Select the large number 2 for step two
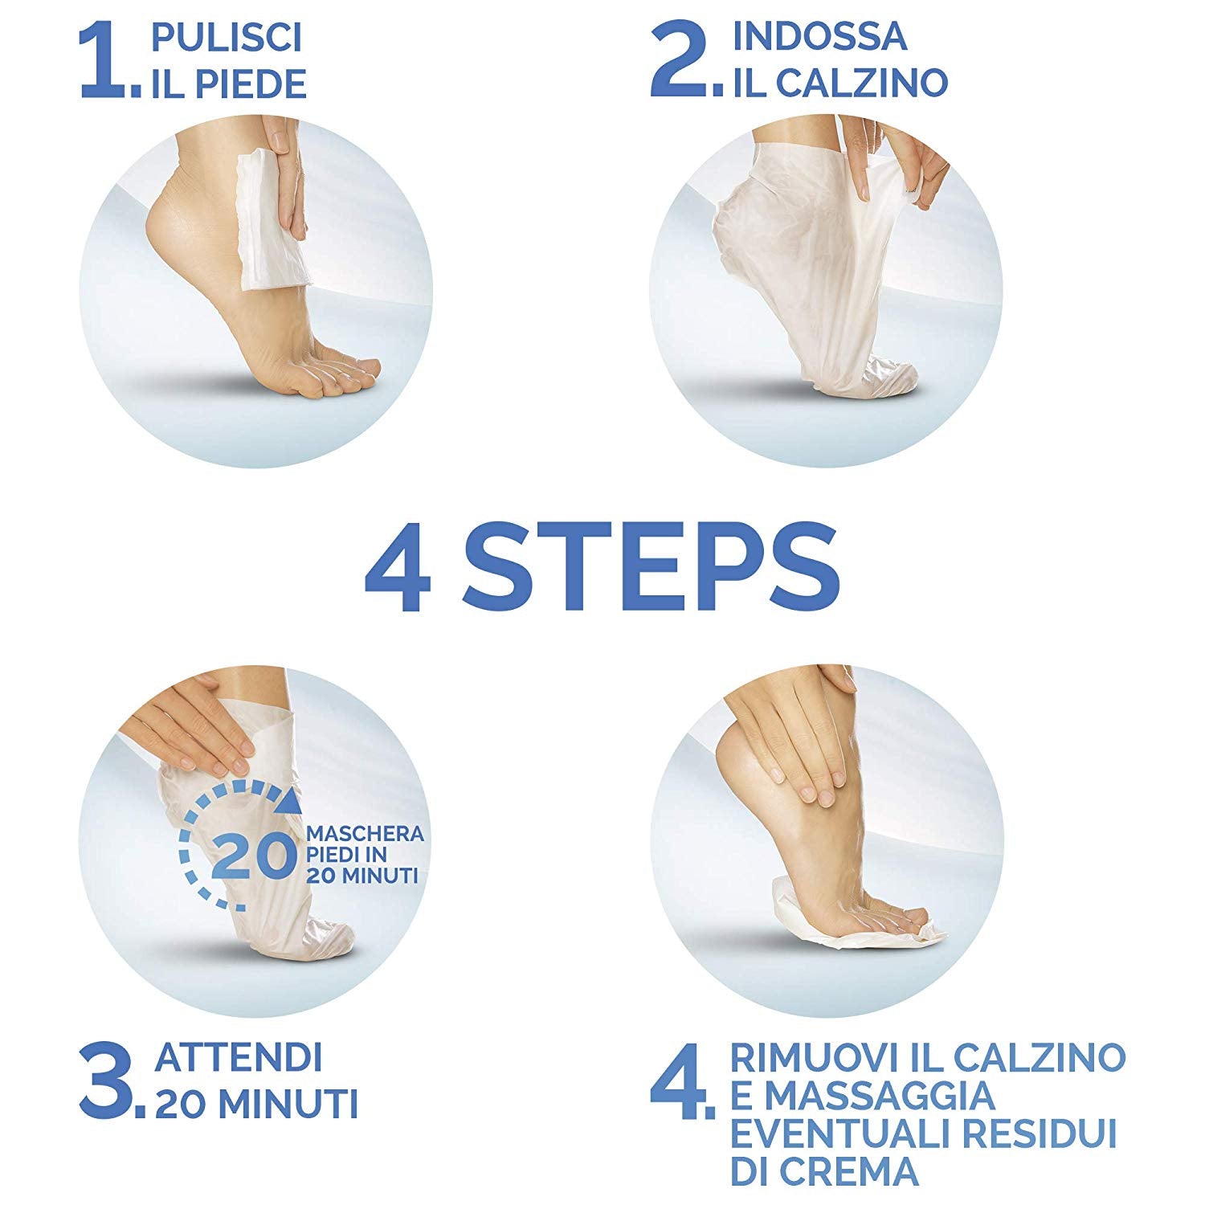[x=679, y=63]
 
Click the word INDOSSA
[x=819, y=36]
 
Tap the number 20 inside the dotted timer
[x=251, y=857]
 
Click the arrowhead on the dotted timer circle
[x=292, y=800]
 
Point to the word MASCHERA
[x=365, y=834]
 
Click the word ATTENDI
[x=239, y=1058]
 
